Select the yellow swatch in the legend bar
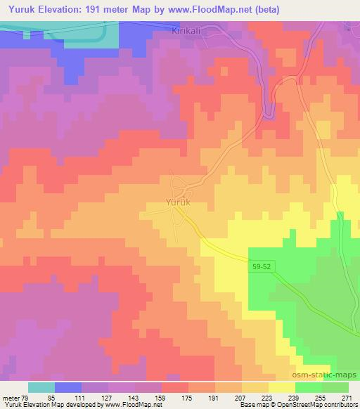pos(282,387)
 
